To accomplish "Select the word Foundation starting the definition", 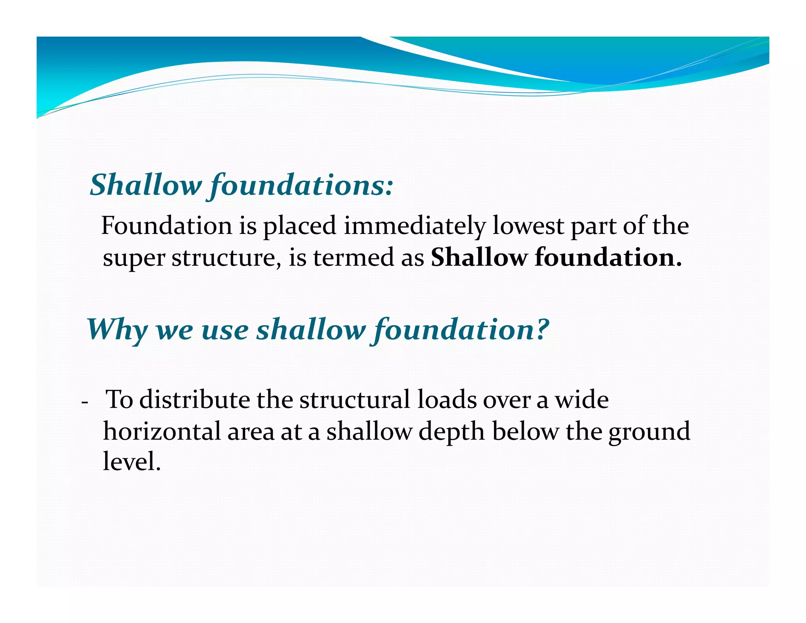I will pyautogui.click(x=166, y=226).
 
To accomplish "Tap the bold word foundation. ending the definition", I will pyautogui.click(x=608, y=258).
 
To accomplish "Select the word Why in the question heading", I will pyautogui.click(x=117, y=330).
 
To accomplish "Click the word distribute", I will pyautogui.click(x=194, y=400).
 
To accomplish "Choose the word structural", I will pyautogui.click(x=354, y=400).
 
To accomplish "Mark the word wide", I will pyautogui.click(x=582, y=400).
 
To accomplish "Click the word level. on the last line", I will pyautogui.click(x=132, y=461).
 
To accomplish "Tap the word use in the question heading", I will pyautogui.click(x=225, y=330).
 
